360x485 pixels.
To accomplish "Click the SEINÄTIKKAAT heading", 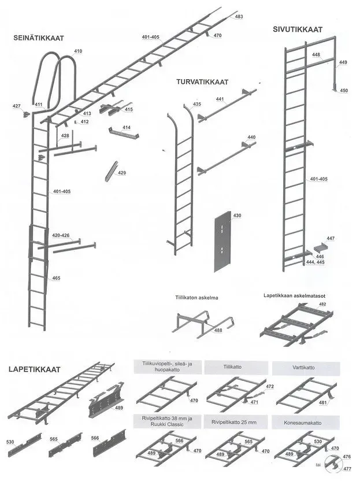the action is click(x=39, y=38).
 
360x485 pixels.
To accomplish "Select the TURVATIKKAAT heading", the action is click(x=202, y=82).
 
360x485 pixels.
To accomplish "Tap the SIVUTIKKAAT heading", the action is click(x=298, y=29).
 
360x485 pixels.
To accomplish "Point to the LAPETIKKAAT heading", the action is click(x=34, y=369).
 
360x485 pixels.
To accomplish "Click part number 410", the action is click(x=78, y=51).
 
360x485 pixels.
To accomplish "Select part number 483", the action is click(x=239, y=17).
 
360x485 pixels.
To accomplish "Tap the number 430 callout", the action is click(x=237, y=215).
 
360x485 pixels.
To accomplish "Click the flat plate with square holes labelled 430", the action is click(x=222, y=241).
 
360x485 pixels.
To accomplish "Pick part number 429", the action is click(x=122, y=173).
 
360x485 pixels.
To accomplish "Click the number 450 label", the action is click(x=344, y=91).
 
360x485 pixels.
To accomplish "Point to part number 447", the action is click(x=331, y=239).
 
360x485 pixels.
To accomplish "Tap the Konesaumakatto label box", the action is click(x=306, y=423).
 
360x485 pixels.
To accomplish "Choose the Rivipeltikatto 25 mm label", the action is click(x=234, y=422).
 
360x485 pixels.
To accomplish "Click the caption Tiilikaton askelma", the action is click(x=196, y=298).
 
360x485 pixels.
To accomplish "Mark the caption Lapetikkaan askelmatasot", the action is click(x=294, y=295).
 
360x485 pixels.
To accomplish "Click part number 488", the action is click(x=218, y=330).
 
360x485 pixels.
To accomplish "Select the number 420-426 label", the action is click(x=61, y=236).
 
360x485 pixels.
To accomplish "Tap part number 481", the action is click(x=323, y=403).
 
